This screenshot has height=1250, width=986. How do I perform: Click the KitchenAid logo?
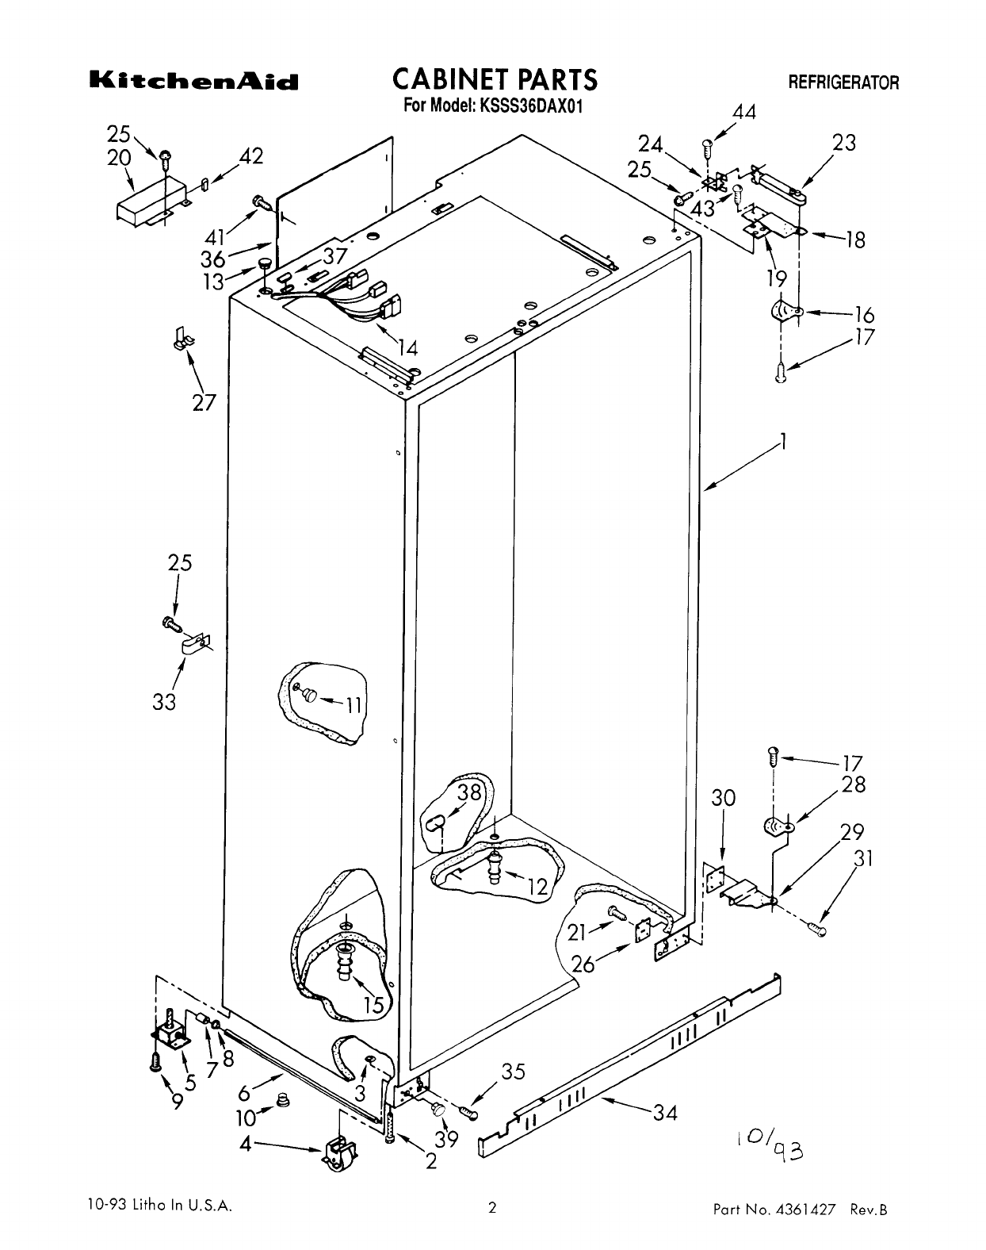(193, 82)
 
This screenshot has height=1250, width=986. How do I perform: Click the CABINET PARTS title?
(495, 80)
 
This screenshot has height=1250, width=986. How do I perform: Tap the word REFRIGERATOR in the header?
(843, 82)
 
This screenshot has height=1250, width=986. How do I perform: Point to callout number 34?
(666, 1113)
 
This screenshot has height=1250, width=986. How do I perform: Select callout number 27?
(204, 402)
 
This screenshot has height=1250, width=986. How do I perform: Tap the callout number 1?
(783, 443)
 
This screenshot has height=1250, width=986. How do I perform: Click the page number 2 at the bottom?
(492, 1208)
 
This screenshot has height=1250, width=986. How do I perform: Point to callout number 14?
(407, 347)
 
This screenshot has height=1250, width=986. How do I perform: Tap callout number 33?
(164, 702)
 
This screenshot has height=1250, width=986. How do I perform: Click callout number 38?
(469, 792)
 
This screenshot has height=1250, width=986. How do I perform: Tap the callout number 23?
(844, 142)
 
